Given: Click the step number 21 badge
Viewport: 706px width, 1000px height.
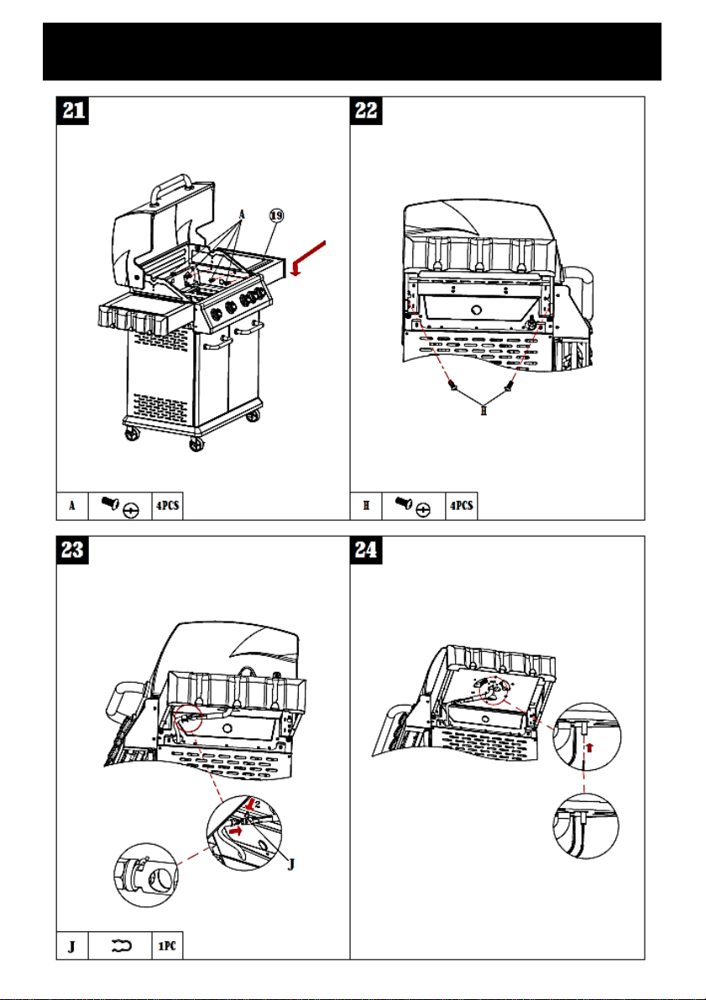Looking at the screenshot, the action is pos(73,111).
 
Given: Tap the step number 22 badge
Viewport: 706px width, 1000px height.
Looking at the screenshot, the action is pos(366,111).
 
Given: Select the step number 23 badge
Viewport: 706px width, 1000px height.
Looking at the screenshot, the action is pos(73,549).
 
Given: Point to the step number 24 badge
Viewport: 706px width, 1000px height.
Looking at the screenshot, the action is pos(366,549).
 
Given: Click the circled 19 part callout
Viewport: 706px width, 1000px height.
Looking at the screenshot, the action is pos(276,216).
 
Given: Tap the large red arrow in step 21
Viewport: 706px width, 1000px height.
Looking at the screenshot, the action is pos(308,258).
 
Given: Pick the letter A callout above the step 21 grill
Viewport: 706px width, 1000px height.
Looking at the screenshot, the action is pos(242,215).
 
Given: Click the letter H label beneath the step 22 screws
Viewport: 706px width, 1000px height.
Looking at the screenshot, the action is pos(484,411).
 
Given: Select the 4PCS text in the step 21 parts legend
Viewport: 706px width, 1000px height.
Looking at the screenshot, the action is pos(167,507).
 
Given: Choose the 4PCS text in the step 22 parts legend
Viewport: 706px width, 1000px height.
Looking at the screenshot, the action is pos(462,507).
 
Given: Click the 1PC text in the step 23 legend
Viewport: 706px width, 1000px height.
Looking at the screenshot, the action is pos(167,945).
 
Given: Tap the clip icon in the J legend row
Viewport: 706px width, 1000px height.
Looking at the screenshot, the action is pos(121,945).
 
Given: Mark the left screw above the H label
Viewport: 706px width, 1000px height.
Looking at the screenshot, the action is pos(452,384).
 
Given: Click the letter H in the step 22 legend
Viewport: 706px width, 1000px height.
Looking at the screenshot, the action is pos(366,507).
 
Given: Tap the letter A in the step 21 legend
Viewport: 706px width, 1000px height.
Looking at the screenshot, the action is pos(72,507).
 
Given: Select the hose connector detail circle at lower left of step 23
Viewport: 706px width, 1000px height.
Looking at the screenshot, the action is pos(146,875).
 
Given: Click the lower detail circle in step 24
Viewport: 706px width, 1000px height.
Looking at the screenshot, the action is pos(586,826).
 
